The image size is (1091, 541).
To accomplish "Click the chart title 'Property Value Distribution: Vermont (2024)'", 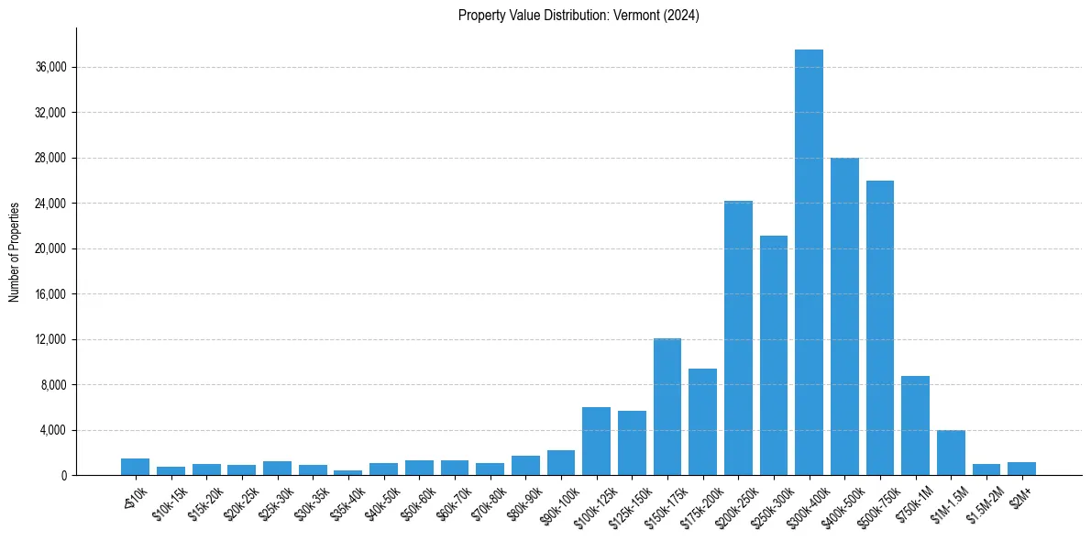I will point(579,16).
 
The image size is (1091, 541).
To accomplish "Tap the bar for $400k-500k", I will point(844,316).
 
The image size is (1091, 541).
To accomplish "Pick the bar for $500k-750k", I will point(880,327).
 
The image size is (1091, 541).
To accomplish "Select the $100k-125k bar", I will point(596,441).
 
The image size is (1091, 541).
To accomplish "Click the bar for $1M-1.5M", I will point(951,453).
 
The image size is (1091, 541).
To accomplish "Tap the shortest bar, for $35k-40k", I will point(347,472).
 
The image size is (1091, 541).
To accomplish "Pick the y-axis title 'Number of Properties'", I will point(15,251).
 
